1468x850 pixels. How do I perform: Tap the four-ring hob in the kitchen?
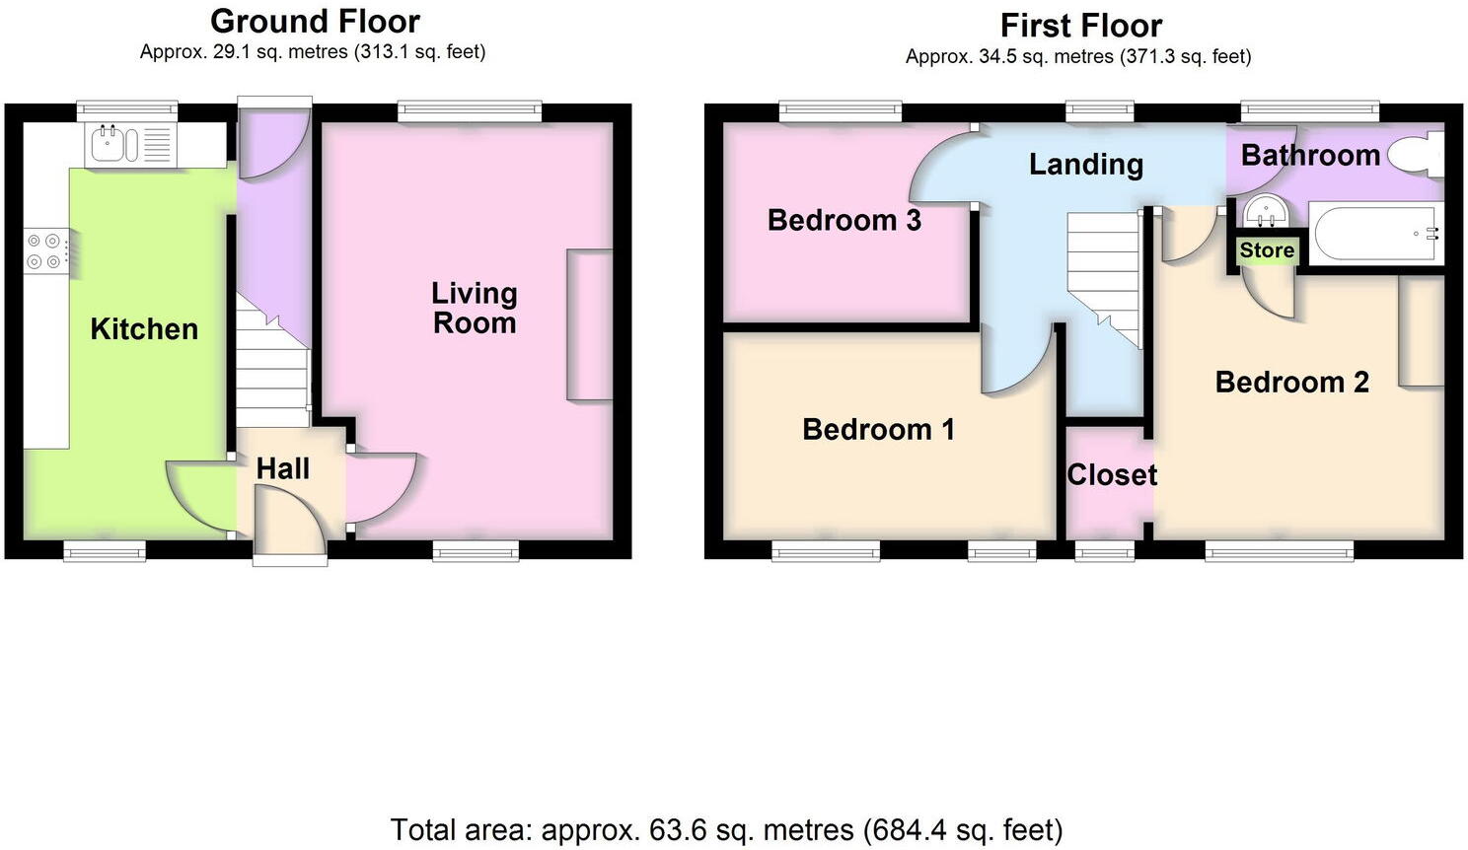pos(45,250)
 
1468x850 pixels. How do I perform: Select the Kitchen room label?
pos(144,329)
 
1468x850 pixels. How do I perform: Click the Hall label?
pos(283,469)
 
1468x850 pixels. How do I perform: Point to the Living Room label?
pos(475,308)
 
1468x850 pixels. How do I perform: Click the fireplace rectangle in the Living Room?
pos(589,324)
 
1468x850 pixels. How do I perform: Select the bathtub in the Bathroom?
pos(1375,233)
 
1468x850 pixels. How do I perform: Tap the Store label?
pos(1267,250)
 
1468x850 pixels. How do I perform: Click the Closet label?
pos(1112,475)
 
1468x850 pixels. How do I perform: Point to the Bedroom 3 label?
pos(844,220)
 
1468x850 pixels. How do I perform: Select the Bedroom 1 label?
pos(878,430)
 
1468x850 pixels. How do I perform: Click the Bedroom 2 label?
pos(1291,383)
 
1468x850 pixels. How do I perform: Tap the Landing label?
pos(1086,165)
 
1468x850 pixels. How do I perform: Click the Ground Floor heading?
pos(315,21)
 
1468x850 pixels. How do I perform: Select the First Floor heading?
pos(1081,25)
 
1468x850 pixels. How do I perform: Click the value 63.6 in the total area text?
pos(677,830)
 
